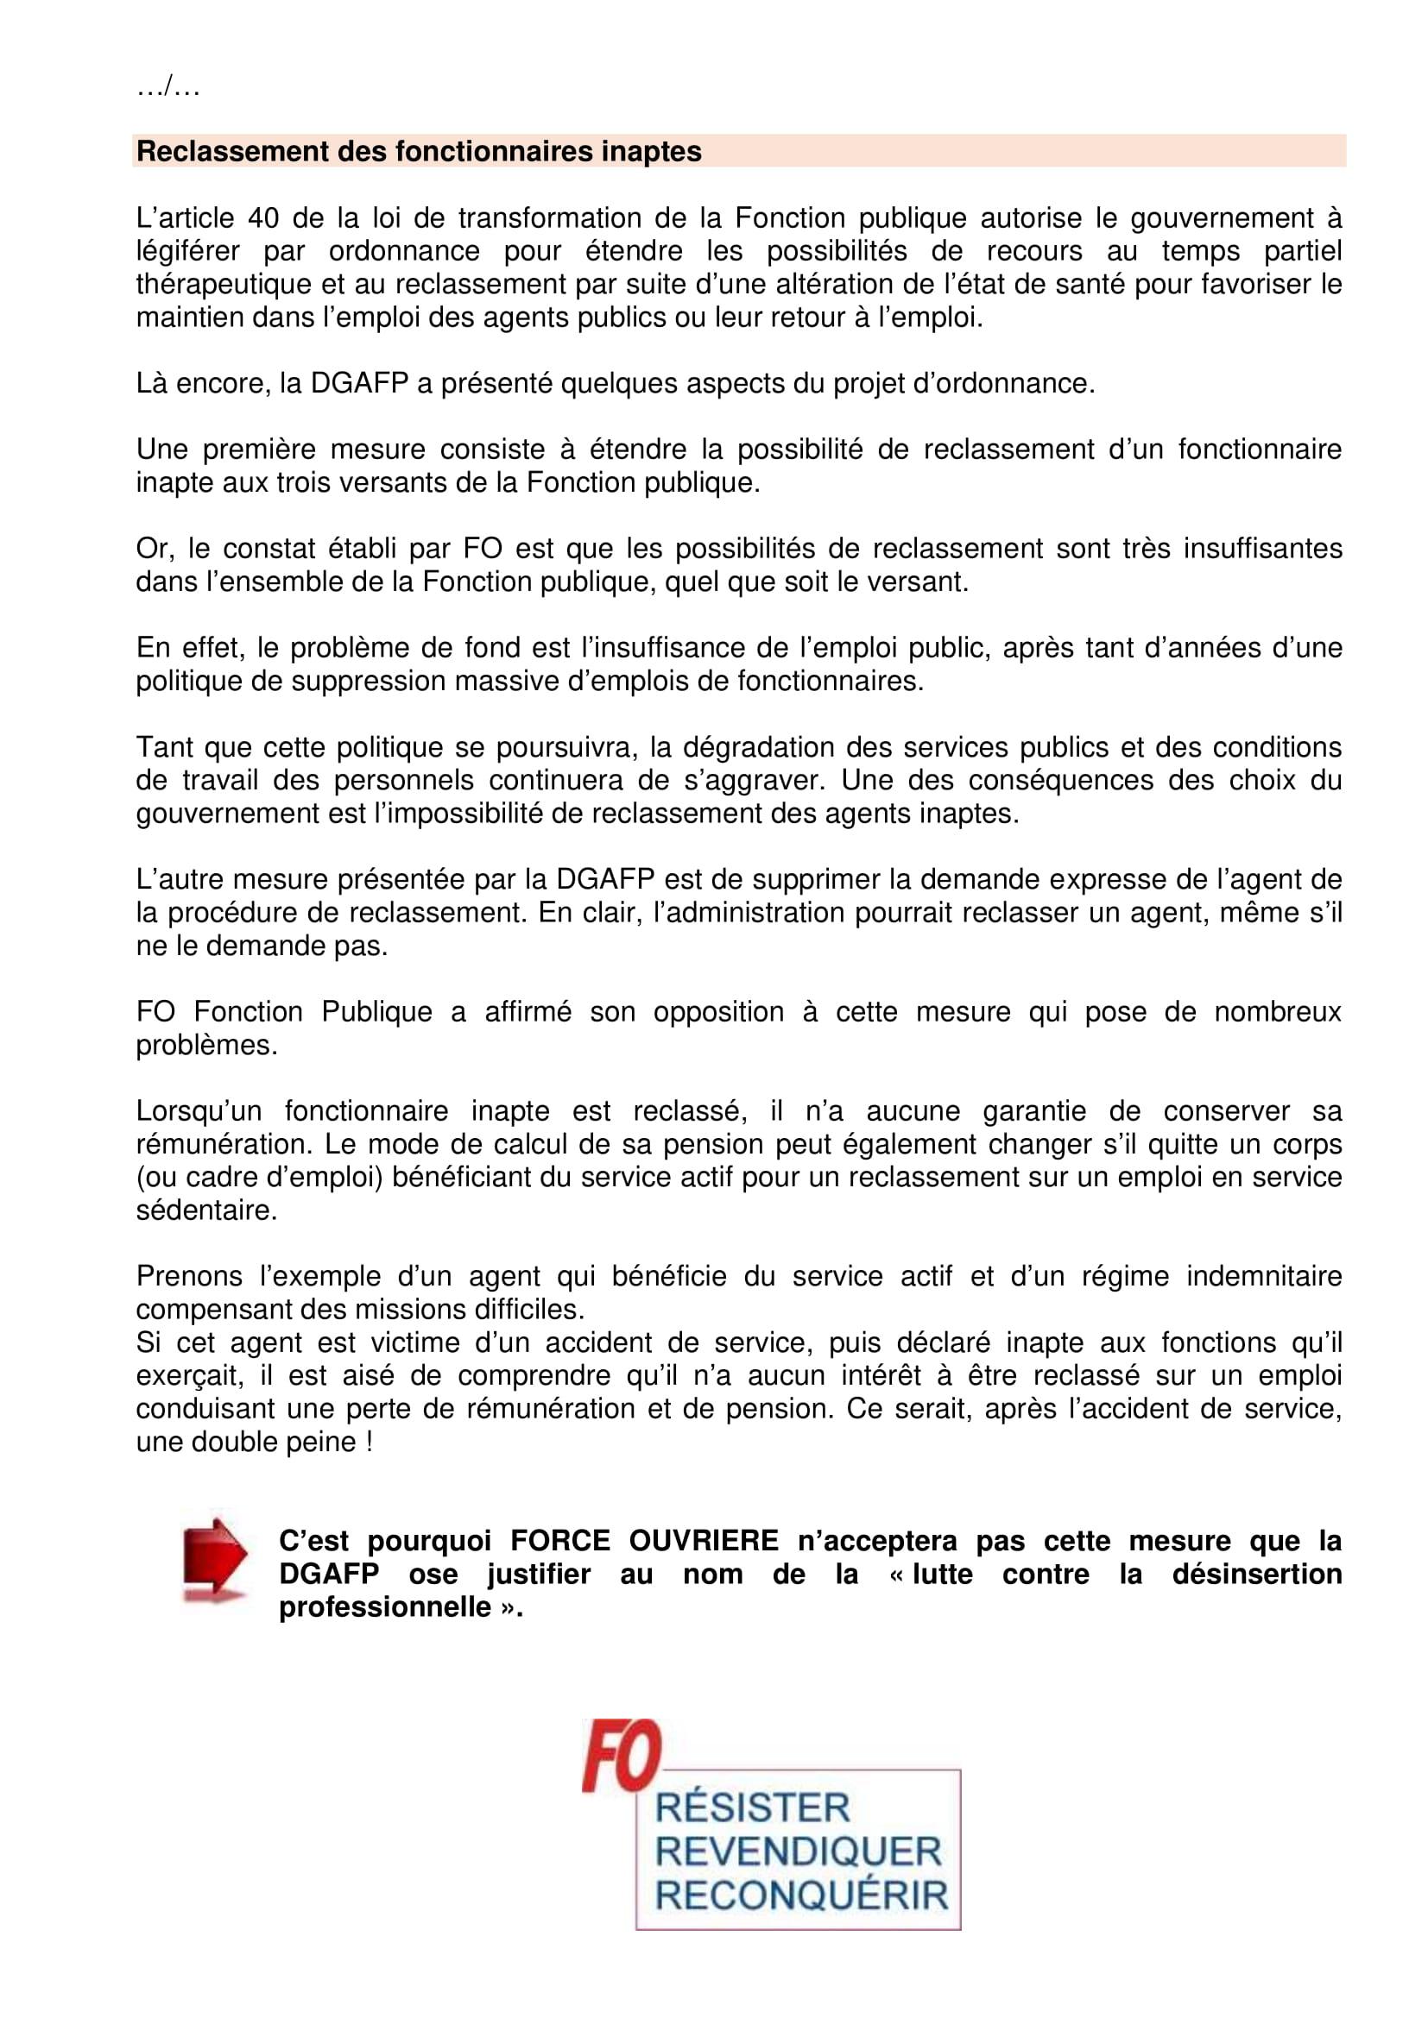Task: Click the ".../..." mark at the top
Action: pyautogui.click(x=168, y=87)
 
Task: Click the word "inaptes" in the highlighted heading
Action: pyautogui.click(x=651, y=151)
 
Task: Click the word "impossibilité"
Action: pyautogui.click(x=458, y=813)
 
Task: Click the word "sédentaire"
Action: pyautogui.click(x=206, y=1210)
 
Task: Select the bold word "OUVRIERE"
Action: pyautogui.click(x=704, y=1541)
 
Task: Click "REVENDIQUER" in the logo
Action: pyautogui.click(x=799, y=1851)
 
